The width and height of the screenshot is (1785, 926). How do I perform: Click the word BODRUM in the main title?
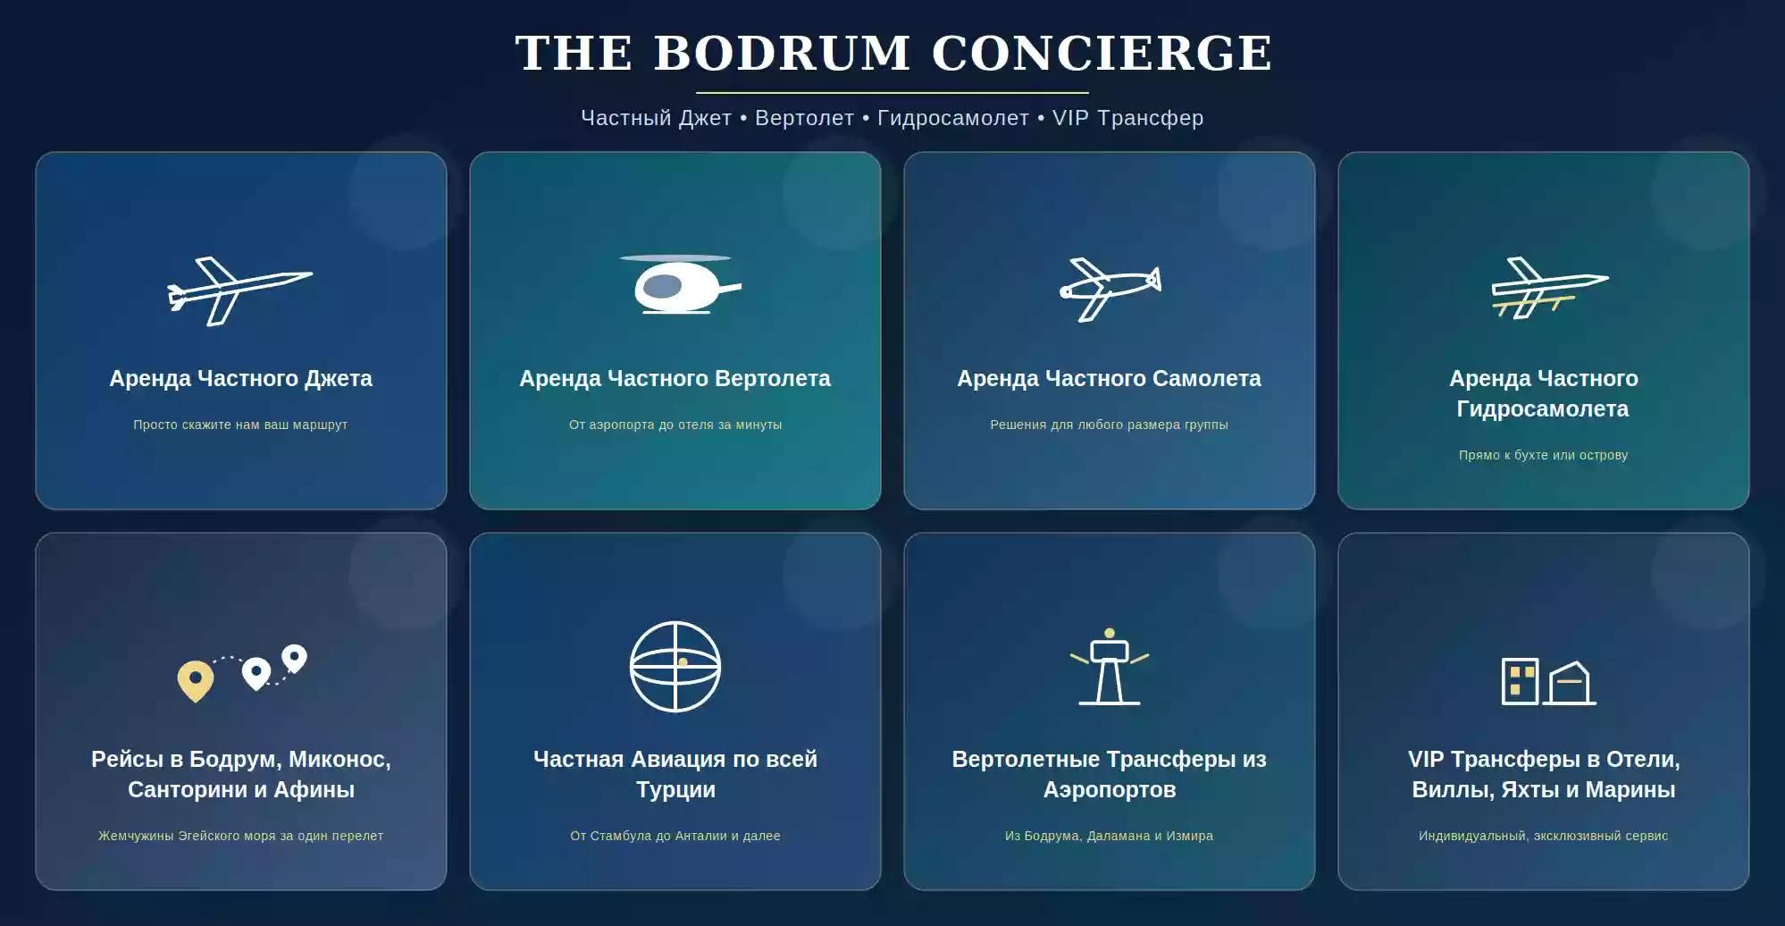pyautogui.click(x=782, y=53)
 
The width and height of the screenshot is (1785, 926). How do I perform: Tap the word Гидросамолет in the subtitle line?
pyautogui.click(x=953, y=118)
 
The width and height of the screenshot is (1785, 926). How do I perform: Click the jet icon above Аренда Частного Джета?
pyautogui.click(x=240, y=291)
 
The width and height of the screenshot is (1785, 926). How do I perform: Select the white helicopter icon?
pyautogui.click(x=681, y=284)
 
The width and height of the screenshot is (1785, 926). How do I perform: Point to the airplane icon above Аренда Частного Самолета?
pyautogui.click(x=1110, y=290)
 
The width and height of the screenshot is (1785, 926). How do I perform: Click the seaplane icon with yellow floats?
pyautogui.click(x=1550, y=288)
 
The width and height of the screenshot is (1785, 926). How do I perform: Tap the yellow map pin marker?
pyautogui.click(x=196, y=681)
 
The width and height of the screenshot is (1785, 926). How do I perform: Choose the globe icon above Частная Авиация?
pyautogui.click(x=675, y=666)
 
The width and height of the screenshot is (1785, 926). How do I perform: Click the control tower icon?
pyautogui.click(x=1110, y=667)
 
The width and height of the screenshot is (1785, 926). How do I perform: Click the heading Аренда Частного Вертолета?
pyautogui.click(x=675, y=378)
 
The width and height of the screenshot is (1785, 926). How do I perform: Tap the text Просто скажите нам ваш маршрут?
pyautogui.click(x=240, y=425)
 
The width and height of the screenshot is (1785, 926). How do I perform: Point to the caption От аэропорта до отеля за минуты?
pyautogui.click(x=675, y=425)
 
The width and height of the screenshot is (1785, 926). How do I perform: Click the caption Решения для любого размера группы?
pyautogui.click(x=1110, y=425)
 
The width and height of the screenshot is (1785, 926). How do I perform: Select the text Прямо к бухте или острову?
pyautogui.click(x=1544, y=455)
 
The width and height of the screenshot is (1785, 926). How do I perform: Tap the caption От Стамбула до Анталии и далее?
pyautogui.click(x=675, y=836)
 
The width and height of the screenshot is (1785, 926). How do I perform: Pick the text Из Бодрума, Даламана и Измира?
pyautogui.click(x=1110, y=836)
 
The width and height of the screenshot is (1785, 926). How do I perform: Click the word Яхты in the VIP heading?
pyautogui.click(x=1529, y=790)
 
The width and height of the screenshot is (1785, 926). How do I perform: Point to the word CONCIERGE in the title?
pyautogui.click(x=1102, y=53)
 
